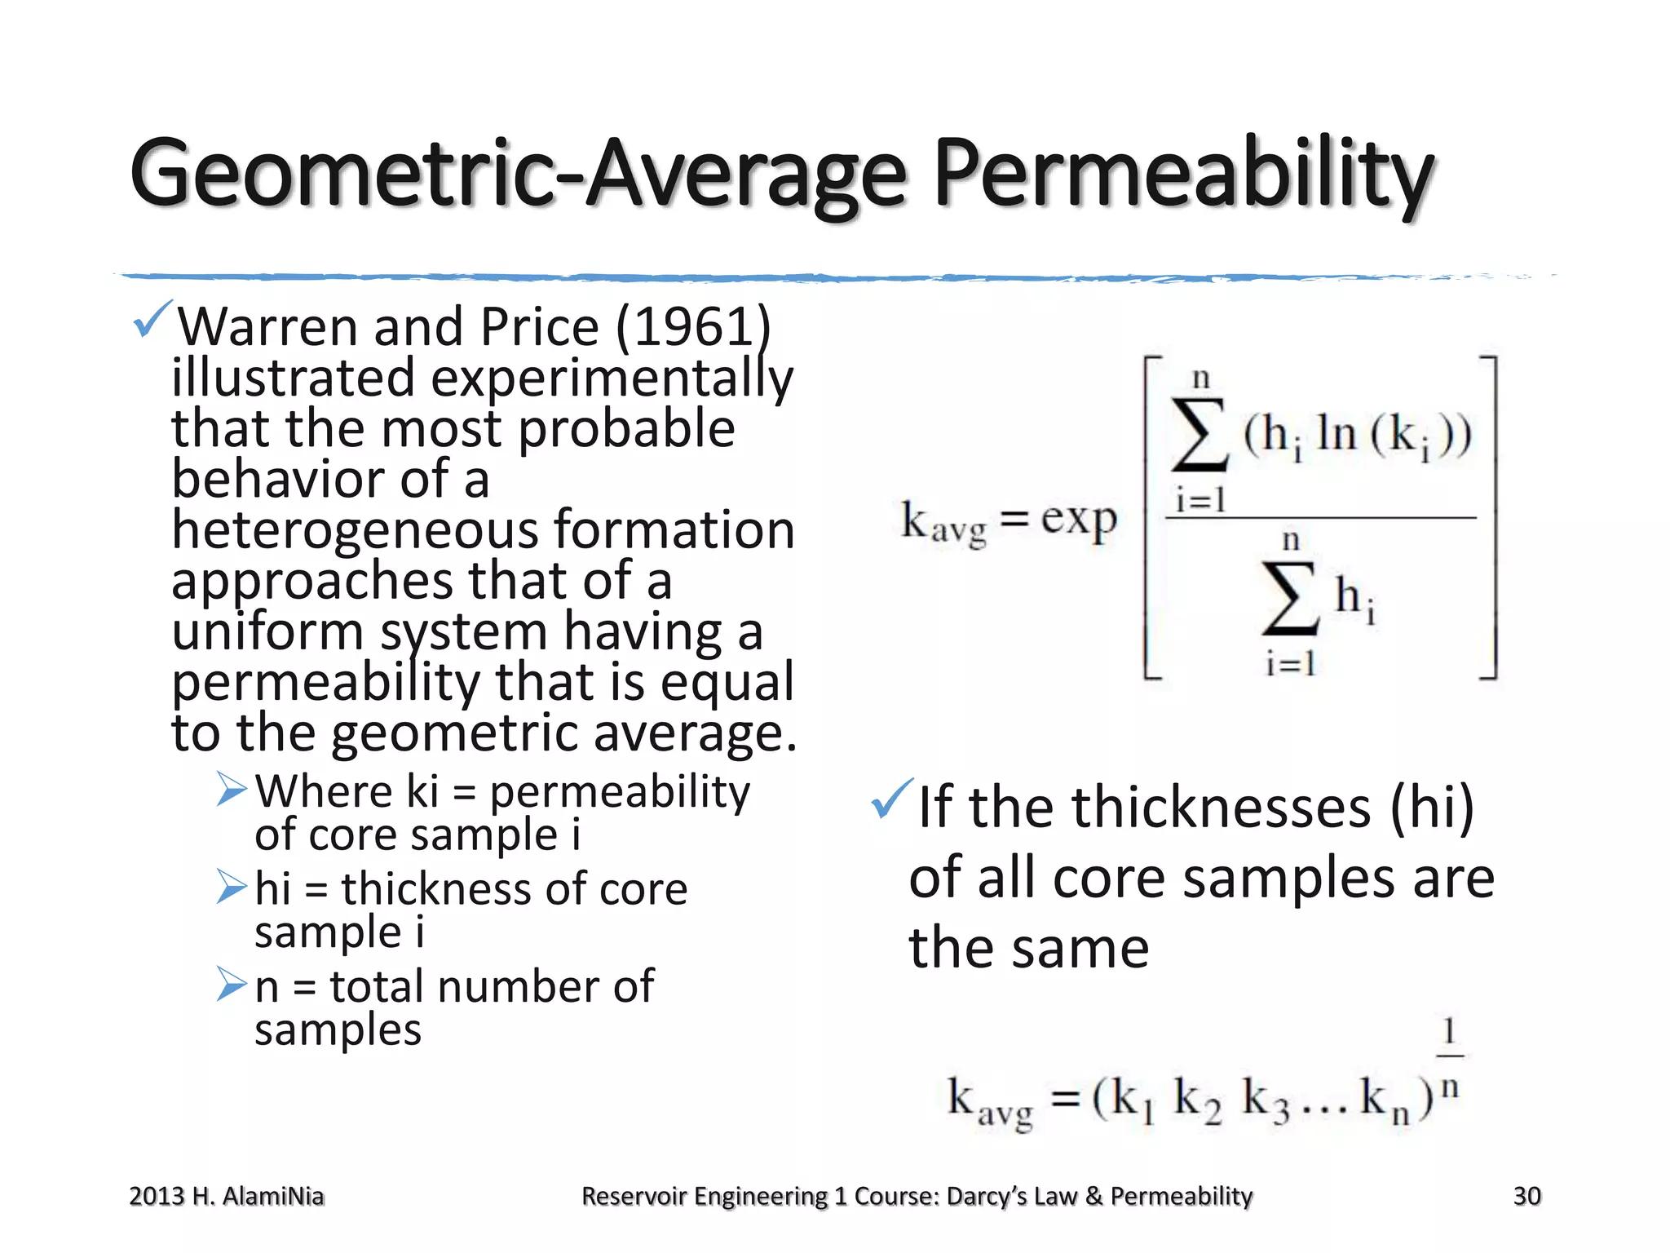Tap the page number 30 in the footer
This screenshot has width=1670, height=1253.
click(1526, 1196)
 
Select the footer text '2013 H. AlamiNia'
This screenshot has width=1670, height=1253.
click(227, 1196)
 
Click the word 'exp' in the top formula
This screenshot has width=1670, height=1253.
click(1078, 520)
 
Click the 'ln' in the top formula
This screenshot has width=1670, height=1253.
click(1336, 433)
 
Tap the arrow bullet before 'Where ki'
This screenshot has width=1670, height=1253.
click(232, 789)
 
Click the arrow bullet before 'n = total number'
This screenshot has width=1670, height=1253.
click(232, 984)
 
